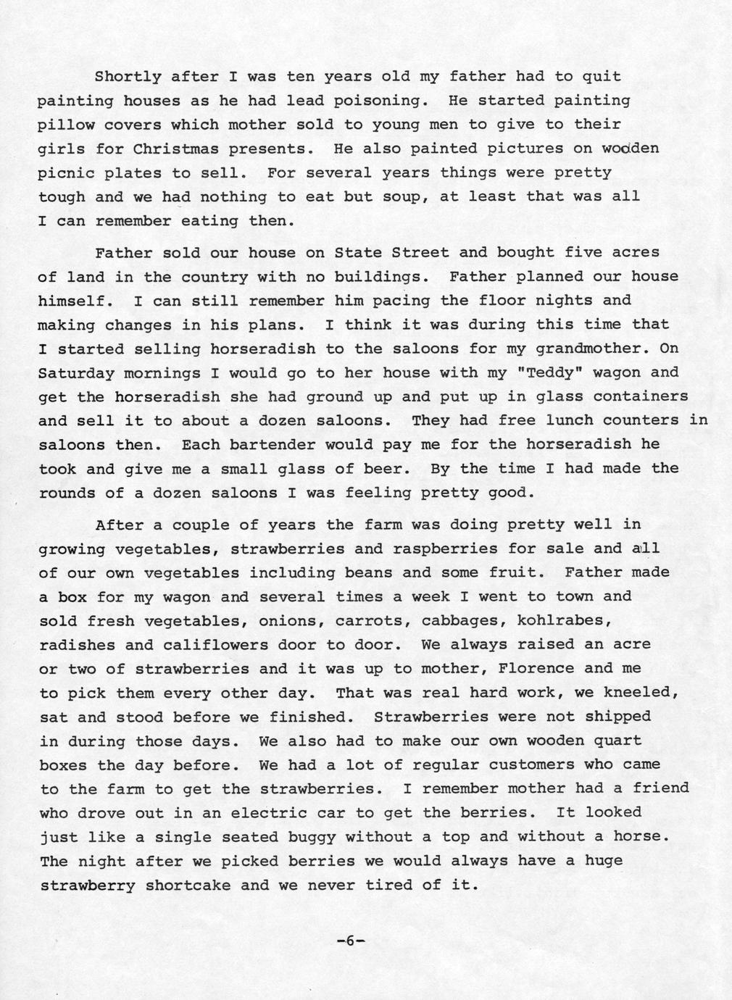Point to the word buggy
307,837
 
